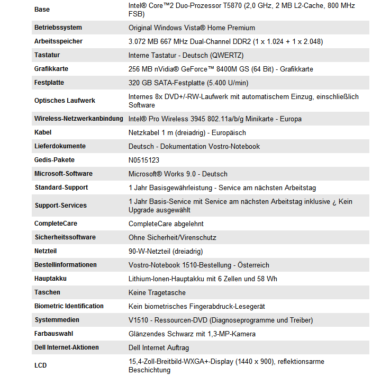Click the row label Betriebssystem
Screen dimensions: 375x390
[58, 28]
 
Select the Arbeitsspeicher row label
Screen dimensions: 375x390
[58, 41]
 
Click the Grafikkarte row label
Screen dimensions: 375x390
[51, 69]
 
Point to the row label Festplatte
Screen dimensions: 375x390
[49, 83]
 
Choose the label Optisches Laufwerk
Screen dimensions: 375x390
[65, 101]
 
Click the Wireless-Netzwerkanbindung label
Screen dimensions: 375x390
[79, 119]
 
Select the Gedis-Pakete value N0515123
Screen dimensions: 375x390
[144, 160]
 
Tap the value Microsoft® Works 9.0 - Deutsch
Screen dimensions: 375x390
[178, 174]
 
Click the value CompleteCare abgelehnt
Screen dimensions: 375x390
[166, 224]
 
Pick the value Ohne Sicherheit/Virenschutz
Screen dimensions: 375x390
[173, 237]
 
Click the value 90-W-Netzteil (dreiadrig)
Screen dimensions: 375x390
[166, 251]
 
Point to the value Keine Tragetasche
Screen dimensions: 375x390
[157, 292]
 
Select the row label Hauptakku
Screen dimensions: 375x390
[51, 279]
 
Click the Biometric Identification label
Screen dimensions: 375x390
[69, 306]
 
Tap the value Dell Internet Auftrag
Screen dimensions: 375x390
[159, 347]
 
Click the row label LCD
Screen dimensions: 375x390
[41, 365]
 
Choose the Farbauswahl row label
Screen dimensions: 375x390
[53, 334]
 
